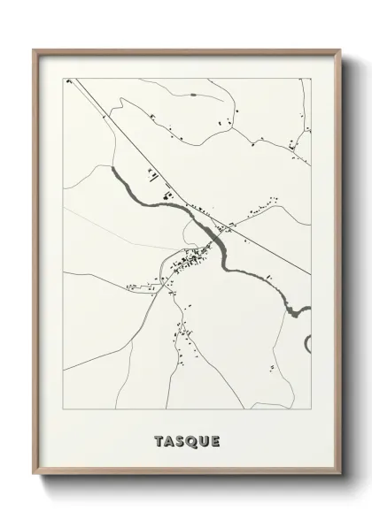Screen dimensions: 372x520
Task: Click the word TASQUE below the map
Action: [x=186, y=440]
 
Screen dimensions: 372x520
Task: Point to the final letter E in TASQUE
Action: [x=215, y=440]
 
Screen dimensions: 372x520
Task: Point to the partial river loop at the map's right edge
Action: [x=306, y=342]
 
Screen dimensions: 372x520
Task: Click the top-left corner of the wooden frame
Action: [x=35, y=50]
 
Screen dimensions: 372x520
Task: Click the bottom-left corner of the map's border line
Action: [x=62, y=409]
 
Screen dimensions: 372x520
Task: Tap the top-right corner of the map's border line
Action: [x=311, y=78]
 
